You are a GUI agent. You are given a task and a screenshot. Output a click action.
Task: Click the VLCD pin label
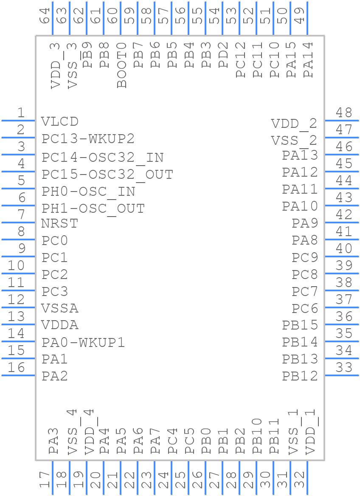60,121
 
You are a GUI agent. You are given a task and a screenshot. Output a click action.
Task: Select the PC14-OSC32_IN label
102,158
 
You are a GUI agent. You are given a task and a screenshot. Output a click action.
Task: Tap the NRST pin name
60,223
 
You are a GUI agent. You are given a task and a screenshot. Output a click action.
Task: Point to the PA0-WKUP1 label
83,342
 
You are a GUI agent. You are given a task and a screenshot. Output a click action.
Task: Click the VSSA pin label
60,308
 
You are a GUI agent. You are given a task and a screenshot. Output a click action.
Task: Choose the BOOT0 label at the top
122,65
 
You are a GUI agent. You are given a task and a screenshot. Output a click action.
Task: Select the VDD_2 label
294,124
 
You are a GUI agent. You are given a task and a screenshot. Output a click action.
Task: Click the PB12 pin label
300,376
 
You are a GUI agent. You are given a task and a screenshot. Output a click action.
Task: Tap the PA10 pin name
300,206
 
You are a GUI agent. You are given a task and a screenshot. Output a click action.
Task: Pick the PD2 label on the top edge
223,55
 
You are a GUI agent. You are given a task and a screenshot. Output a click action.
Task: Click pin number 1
20,113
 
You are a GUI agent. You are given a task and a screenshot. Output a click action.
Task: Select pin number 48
344,113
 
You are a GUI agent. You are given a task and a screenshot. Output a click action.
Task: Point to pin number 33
344,368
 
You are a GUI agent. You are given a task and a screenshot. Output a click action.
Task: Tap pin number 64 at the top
45,16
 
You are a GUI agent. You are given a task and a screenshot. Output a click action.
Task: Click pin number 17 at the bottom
45,480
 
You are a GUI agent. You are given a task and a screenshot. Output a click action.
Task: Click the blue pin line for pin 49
307,18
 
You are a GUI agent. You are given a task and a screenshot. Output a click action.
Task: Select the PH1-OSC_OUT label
93,209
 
